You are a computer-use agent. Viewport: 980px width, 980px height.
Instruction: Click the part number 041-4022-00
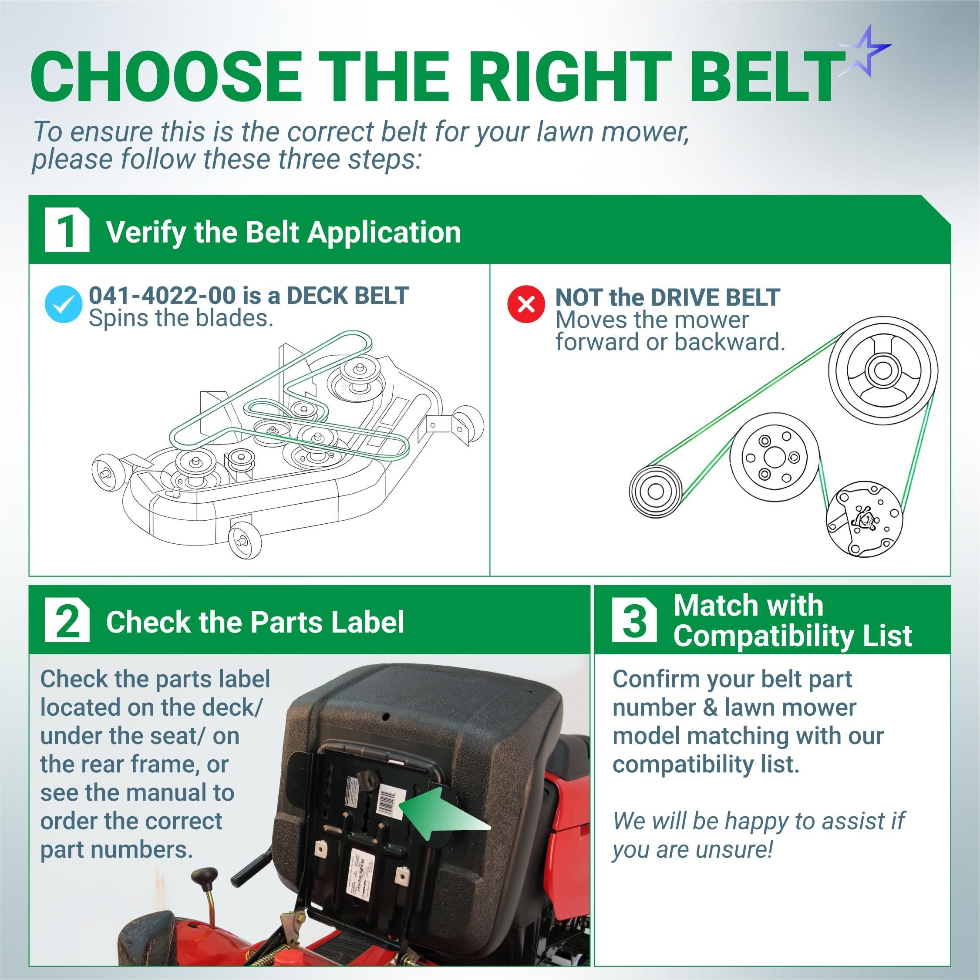[162, 296]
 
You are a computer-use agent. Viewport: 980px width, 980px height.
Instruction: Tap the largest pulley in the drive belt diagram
[882, 371]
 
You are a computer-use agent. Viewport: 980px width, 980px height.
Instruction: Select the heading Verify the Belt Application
[283, 232]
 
